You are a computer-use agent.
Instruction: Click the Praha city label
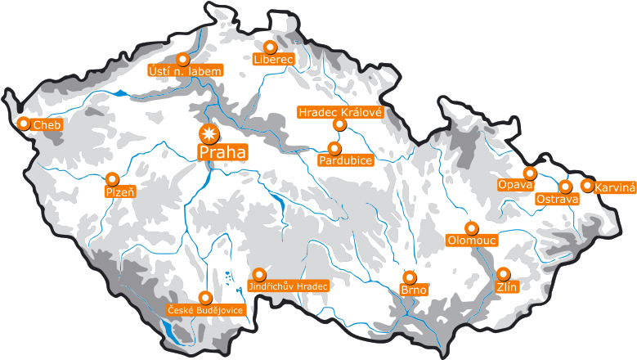223,152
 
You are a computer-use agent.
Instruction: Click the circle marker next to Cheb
24,124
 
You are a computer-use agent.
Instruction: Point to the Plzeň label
120,192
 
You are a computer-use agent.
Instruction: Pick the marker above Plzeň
112,178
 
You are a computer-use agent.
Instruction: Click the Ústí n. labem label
186,71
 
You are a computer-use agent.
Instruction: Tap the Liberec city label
273,60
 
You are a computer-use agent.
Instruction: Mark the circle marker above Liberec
271,47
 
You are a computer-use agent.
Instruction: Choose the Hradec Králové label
340,111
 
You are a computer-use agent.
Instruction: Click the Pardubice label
346,160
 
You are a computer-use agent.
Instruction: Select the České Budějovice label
205,310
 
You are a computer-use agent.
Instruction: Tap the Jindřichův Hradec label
288,286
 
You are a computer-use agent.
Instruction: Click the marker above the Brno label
410,277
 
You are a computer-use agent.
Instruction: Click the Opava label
516,185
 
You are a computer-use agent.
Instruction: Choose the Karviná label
615,187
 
